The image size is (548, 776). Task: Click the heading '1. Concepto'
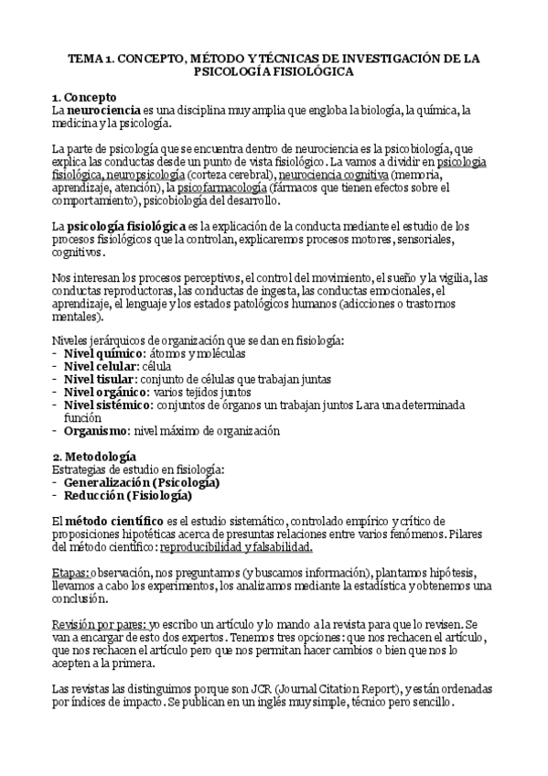tap(84, 96)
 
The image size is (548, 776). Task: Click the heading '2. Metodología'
tap(94, 456)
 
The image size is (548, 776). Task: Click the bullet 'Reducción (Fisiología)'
tap(127, 496)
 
